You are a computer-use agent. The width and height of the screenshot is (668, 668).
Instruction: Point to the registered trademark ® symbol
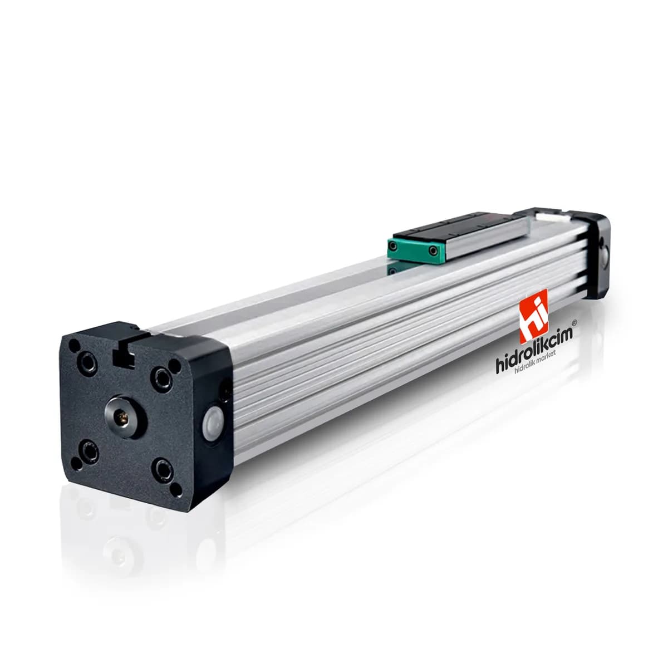point(574,322)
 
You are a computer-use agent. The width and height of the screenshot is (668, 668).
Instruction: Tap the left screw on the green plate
point(393,246)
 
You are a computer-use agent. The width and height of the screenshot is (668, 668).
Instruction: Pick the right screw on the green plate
point(432,250)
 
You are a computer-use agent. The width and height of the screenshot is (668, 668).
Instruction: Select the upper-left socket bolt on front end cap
point(87,362)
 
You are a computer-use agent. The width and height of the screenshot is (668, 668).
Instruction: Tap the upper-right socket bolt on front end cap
point(161,377)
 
